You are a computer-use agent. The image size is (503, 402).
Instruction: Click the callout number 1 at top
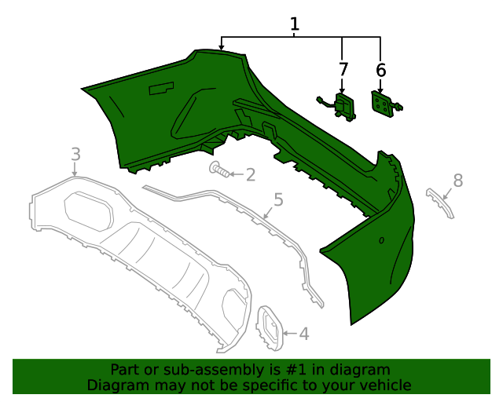click(x=295, y=24)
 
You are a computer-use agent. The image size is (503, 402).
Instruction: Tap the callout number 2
click(x=250, y=175)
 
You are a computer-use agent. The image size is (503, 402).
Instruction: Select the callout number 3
click(x=75, y=153)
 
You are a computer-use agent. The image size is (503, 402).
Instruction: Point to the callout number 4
click(x=303, y=334)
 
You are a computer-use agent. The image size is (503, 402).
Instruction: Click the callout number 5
click(x=277, y=199)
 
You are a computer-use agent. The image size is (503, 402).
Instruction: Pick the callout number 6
click(x=381, y=70)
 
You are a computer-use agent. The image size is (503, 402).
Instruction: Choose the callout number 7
click(x=343, y=70)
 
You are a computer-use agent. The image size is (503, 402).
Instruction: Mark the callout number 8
click(x=458, y=181)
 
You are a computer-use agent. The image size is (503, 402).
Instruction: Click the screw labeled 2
click(x=219, y=169)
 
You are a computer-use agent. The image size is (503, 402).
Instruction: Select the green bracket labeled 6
click(x=383, y=104)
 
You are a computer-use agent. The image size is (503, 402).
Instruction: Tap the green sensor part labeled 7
click(x=343, y=107)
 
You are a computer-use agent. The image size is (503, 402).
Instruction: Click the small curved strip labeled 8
click(x=440, y=203)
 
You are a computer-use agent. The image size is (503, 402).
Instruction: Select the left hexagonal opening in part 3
click(x=87, y=211)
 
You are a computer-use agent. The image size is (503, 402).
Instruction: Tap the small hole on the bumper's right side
click(x=382, y=240)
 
